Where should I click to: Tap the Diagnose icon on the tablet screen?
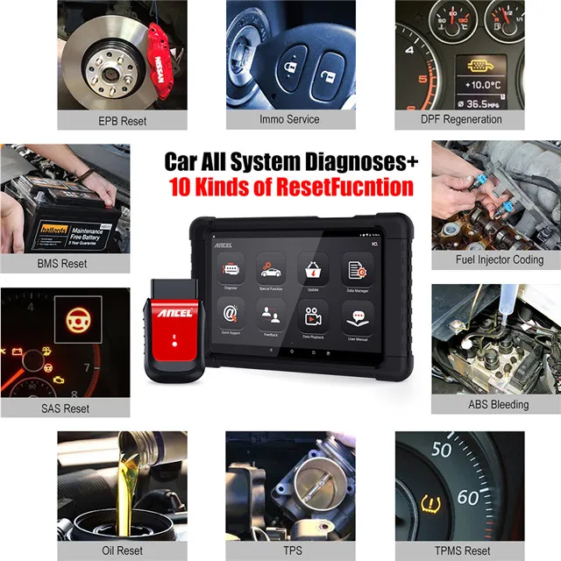[x=231, y=268]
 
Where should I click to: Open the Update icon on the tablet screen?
[x=309, y=268]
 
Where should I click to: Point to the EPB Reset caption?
[x=122, y=120]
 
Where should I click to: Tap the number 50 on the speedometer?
[x=441, y=450]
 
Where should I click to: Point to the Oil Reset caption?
[x=122, y=550]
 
